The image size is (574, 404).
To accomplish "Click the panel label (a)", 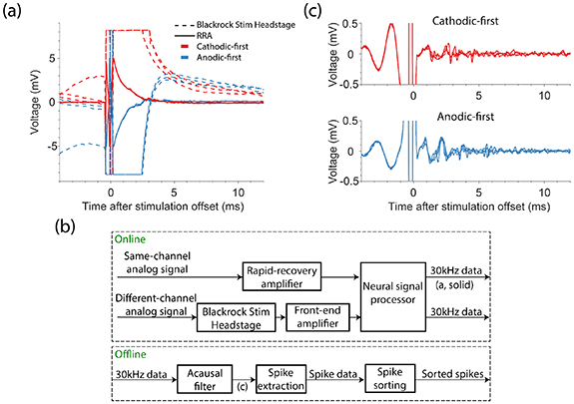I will [x=14, y=11].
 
